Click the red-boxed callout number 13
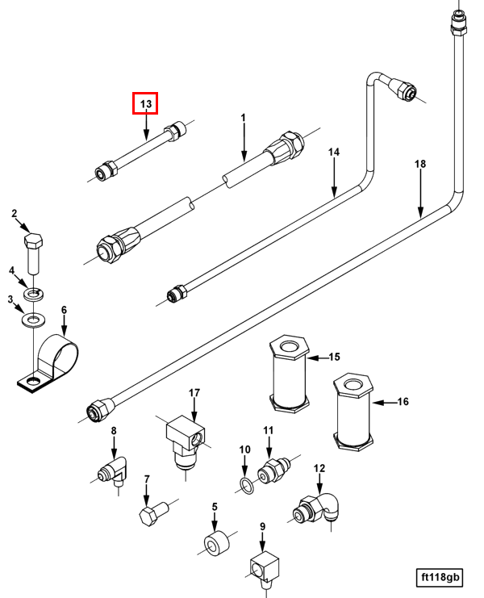145,104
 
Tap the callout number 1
243,119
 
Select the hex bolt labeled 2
33,252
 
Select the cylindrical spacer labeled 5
214,545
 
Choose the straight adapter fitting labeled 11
273,472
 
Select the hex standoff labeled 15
289,374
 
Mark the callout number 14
334,153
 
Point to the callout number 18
419,164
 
